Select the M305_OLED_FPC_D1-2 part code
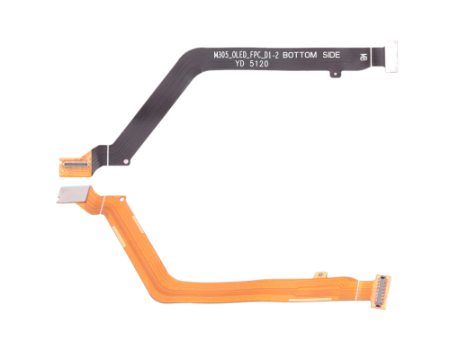(x=247, y=55)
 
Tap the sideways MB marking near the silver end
(x=363, y=56)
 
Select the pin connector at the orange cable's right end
(x=379, y=289)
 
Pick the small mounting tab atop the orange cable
(x=317, y=271)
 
